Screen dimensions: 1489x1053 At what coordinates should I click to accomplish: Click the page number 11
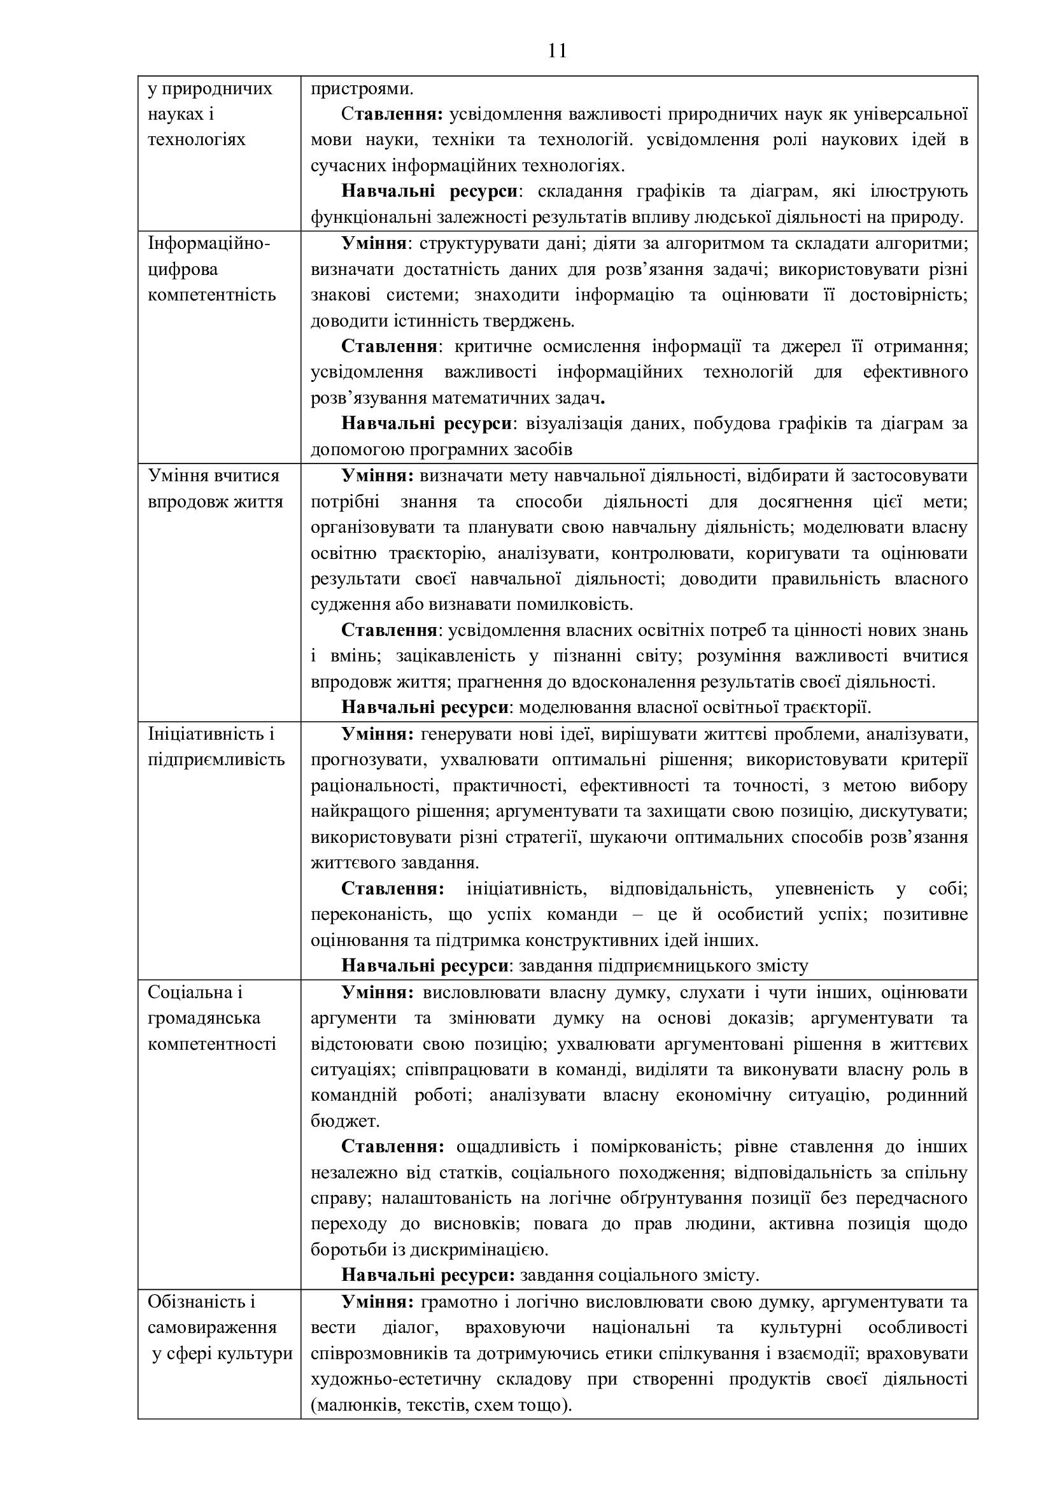pyautogui.click(x=557, y=50)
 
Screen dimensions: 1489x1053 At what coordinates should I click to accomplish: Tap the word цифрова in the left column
pyautogui.click(x=183, y=269)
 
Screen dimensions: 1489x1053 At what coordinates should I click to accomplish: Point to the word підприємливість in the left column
pyautogui.click(x=216, y=759)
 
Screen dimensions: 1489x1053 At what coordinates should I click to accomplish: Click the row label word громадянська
pyautogui.click(x=204, y=1017)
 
